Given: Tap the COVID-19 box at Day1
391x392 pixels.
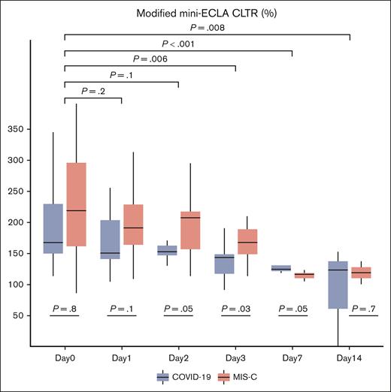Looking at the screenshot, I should click(110, 240).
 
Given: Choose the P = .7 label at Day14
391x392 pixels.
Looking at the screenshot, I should click(364, 308).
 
